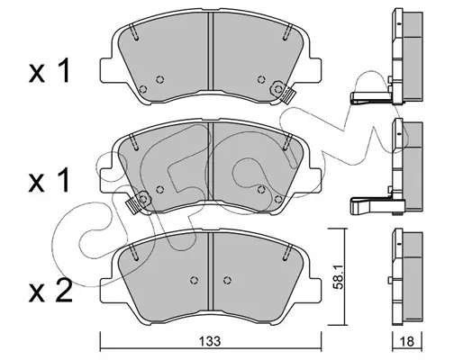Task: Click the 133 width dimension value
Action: coord(211,341)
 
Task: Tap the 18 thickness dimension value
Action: coord(407,341)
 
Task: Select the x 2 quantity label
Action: coord(50,291)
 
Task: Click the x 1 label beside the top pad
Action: coord(50,71)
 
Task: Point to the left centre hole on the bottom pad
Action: coord(195,280)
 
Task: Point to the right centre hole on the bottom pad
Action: coord(227,280)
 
